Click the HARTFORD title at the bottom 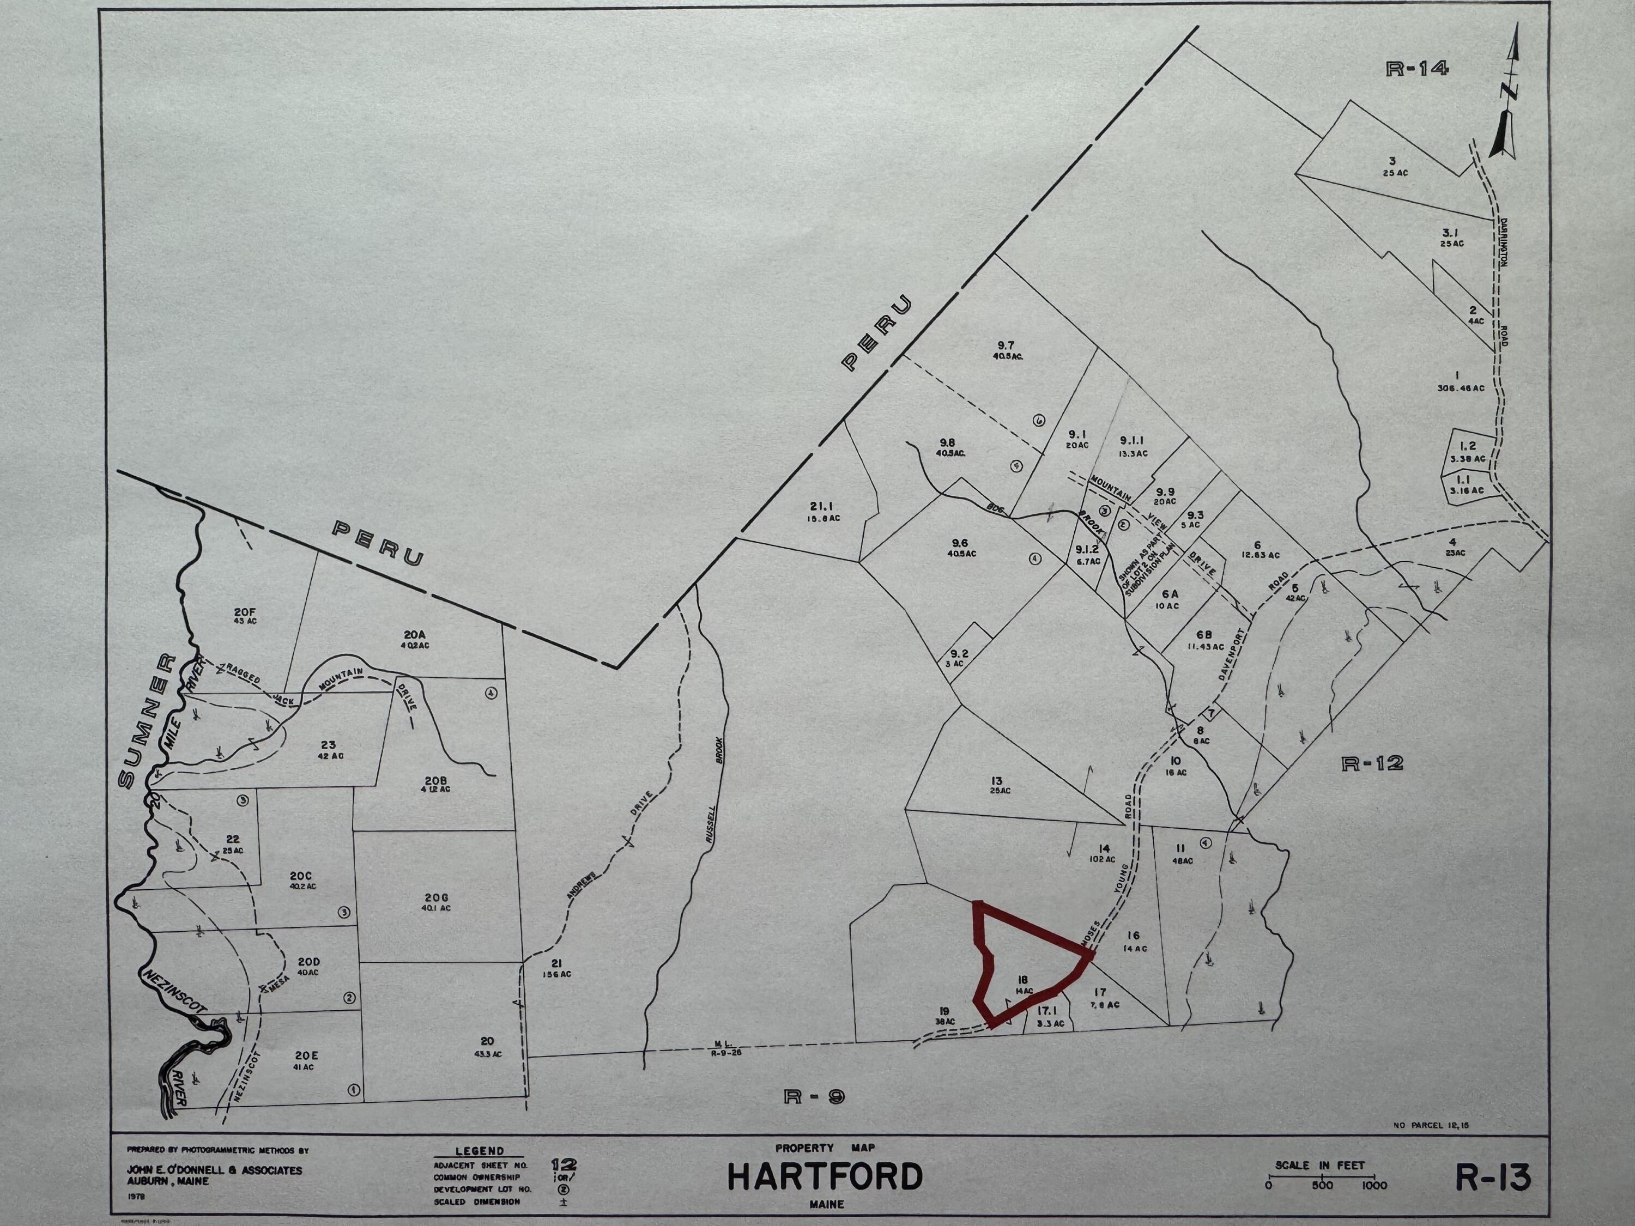tap(825, 1176)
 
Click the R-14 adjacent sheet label tap(1417, 69)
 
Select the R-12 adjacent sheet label tap(1372, 763)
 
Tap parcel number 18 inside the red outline tap(1023, 980)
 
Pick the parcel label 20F tap(245, 612)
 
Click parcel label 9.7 tap(1006, 345)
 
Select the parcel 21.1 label tap(820, 506)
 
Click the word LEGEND tap(479, 1151)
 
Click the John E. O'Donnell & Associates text tap(214, 1170)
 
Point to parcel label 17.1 tap(1049, 1010)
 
